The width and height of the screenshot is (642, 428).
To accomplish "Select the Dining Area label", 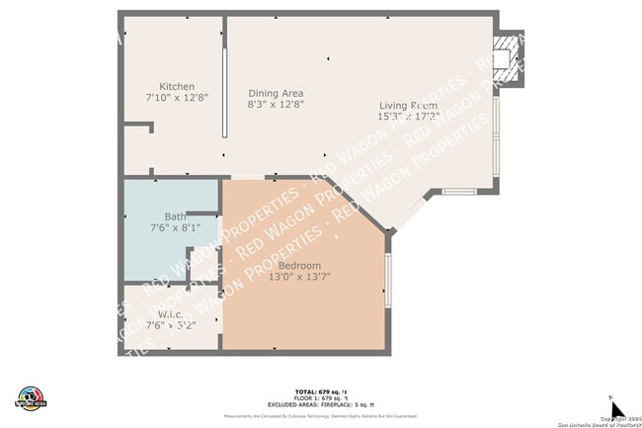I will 276,92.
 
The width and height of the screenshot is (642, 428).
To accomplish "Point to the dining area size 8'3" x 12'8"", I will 276,104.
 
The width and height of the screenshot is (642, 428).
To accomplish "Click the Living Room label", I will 409,105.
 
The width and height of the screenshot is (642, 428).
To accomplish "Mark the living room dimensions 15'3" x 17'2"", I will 409,117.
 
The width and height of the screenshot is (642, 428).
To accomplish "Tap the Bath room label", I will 174,216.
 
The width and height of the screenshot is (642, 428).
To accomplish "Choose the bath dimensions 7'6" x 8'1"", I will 174,228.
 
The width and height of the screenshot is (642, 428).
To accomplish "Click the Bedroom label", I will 298,265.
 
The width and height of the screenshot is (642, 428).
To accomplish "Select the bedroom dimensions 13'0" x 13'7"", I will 298,277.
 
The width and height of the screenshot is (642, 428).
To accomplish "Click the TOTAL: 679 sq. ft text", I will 320,391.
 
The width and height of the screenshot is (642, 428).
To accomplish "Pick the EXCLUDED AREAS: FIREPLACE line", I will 320,405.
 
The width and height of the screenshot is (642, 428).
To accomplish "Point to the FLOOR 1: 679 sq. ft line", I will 320,398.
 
